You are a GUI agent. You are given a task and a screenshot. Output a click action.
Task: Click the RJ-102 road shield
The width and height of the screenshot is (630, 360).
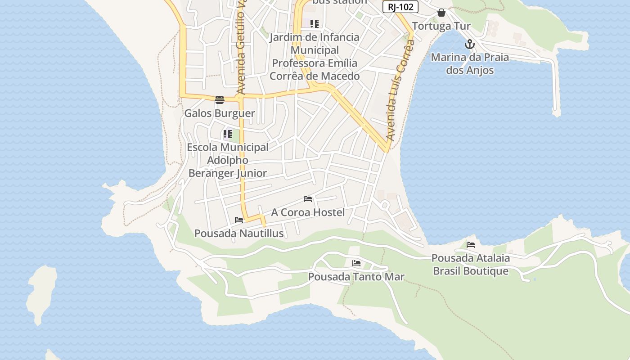(400, 7)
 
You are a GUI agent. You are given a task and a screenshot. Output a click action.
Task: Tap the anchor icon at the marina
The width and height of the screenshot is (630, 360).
(470, 44)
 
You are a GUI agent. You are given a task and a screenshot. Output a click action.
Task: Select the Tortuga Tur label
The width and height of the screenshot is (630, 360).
(441, 26)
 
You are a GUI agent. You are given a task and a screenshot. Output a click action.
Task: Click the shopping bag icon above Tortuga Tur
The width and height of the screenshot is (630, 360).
(441, 13)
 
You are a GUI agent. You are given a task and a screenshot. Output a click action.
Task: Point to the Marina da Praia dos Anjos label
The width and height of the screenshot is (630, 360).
(470, 64)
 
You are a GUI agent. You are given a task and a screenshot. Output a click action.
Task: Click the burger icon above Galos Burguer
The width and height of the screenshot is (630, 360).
(220, 99)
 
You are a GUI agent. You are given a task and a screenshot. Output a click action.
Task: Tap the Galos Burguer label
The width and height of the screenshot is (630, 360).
(220, 113)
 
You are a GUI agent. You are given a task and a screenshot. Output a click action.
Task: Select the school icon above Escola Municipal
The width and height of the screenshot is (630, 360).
(228, 134)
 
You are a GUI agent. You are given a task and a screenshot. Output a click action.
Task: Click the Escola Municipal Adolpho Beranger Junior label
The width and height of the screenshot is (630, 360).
(228, 160)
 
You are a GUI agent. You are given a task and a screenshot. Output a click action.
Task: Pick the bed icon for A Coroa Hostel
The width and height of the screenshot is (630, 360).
(308, 198)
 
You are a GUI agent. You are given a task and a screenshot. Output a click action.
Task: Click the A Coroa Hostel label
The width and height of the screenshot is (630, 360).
(308, 212)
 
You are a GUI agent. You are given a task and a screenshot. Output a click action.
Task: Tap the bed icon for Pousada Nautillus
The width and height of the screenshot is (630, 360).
(239, 220)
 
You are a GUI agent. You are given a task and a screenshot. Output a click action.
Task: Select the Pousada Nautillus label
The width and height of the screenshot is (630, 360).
(239, 234)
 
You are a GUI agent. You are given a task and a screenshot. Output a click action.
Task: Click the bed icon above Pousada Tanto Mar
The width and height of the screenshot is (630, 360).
(356, 263)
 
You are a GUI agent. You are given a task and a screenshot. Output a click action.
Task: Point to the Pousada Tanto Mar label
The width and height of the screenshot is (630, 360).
(356, 277)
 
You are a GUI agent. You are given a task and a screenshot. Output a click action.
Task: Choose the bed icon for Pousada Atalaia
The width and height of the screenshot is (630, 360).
(471, 245)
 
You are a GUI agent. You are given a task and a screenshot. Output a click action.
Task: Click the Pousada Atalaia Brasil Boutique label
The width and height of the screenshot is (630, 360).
(471, 265)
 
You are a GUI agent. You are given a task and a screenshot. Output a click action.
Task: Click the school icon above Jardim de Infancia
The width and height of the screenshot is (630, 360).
(315, 23)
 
